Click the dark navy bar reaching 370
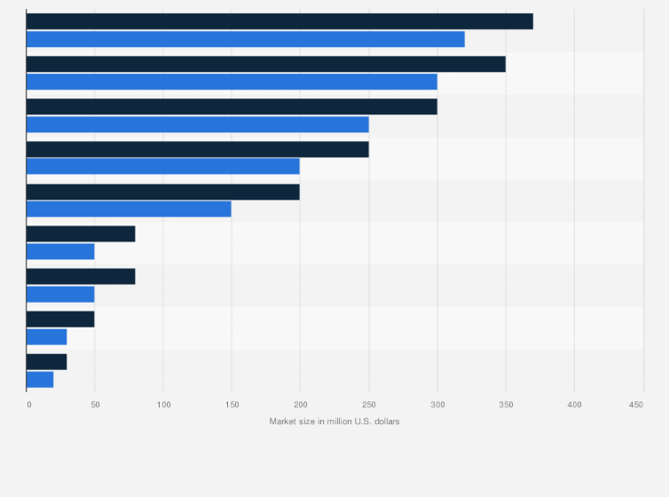coord(279,21)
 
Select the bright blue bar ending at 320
coord(245,39)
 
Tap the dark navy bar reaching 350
coord(266,64)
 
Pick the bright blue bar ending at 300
coord(232,82)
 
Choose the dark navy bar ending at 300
coord(232,106)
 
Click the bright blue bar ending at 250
coord(197,124)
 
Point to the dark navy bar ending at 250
coord(197,149)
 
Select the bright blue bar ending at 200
coord(163,167)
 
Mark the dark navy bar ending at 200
coord(163,192)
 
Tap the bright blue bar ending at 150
coord(129,209)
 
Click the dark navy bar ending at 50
coord(60,319)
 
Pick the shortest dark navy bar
coord(46,362)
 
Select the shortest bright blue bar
coord(40,380)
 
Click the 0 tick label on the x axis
coord(28,405)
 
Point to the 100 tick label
coord(163,405)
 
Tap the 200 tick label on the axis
coord(300,405)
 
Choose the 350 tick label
coord(505,405)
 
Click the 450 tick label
coord(636,405)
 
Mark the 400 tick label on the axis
coord(573,405)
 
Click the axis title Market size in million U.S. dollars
coord(334,421)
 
